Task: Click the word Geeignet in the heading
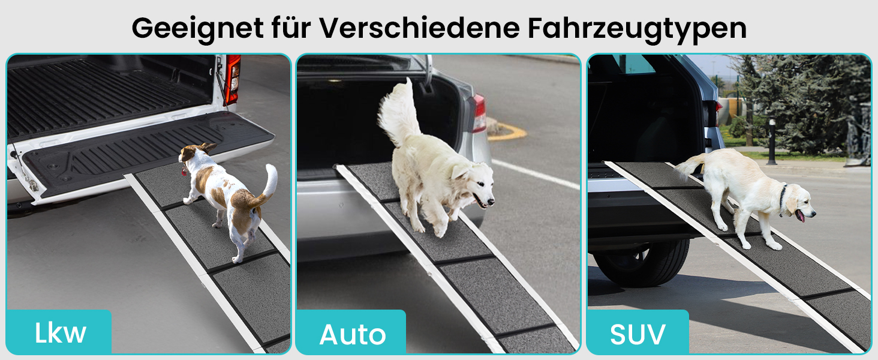197,29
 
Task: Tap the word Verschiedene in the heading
419,28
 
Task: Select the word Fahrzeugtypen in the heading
637,29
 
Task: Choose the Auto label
353,335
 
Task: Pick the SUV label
638,335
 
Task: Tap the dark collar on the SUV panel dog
783,197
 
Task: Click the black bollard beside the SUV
772,141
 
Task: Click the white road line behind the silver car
536,175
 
